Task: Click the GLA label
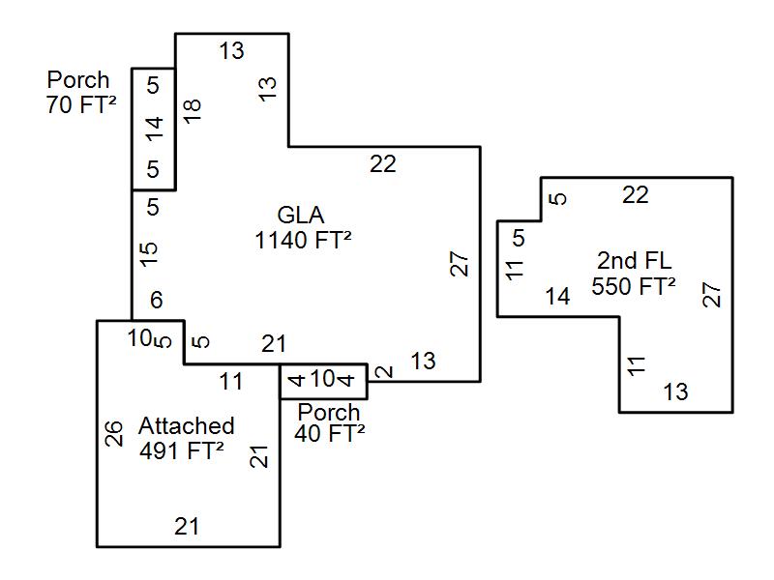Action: pos(301,215)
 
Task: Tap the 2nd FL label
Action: pos(634,260)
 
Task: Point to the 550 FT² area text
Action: pos(634,286)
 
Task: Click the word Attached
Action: pos(186,425)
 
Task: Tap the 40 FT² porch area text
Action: pos(330,433)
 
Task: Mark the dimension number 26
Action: pos(114,433)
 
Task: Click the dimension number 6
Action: pos(157,302)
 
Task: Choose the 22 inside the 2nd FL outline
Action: pos(635,195)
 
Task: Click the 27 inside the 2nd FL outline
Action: pos(711,295)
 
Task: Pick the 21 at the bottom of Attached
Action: pos(187,527)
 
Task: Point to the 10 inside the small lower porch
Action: pos(322,378)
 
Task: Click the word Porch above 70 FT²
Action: pos(78,79)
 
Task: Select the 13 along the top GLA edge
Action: pos(231,50)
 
